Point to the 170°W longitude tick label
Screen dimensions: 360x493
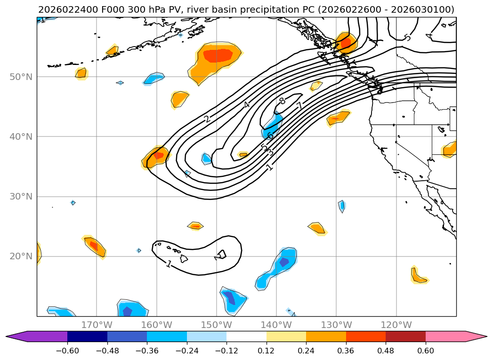[97, 325]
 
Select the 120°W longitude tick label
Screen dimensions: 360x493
[396, 325]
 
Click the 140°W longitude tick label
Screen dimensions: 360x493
[276, 325]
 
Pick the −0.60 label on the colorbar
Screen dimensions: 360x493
[67, 351]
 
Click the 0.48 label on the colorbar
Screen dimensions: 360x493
[386, 351]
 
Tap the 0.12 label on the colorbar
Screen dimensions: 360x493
[267, 351]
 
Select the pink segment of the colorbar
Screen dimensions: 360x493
[445, 336]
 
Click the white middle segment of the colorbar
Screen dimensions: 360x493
[246, 336]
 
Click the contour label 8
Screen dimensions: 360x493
[282, 101]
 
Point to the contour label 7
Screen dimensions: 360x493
[299, 106]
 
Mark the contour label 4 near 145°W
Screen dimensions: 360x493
[246, 104]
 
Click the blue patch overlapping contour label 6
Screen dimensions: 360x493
[273, 125]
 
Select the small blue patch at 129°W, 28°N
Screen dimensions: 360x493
[342, 205]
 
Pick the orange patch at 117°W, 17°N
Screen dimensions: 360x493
[417, 276]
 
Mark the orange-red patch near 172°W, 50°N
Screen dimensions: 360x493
[81, 73]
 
